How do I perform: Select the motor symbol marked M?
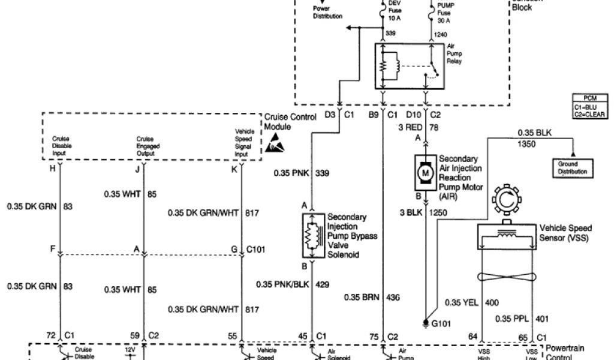point(426,172)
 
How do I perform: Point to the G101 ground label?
point(441,325)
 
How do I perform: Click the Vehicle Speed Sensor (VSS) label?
point(565,233)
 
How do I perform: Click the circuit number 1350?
point(526,145)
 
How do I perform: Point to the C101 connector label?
point(256,248)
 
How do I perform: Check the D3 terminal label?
point(330,115)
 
